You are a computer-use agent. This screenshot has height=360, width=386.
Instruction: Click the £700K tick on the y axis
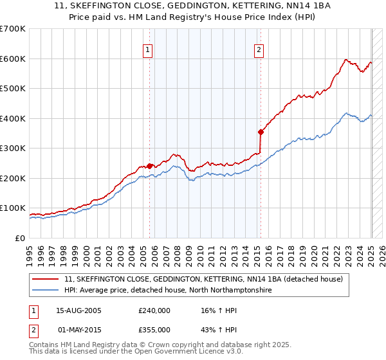click(x=13, y=29)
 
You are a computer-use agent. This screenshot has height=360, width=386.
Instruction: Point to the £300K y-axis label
click(x=13, y=148)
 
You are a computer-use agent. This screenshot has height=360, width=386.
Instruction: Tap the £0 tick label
click(x=20, y=238)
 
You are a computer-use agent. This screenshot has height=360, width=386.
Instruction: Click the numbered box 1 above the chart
click(x=148, y=50)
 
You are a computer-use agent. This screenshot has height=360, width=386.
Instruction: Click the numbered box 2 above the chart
click(x=259, y=50)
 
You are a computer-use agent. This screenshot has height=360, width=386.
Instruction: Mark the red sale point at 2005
click(x=150, y=166)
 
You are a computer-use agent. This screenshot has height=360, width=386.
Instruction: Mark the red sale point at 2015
click(x=261, y=132)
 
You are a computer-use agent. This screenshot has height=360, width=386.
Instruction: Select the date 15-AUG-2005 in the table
click(x=80, y=310)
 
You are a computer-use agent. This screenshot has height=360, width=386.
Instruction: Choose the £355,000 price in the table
click(x=154, y=329)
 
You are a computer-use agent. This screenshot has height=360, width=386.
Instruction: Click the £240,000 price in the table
click(x=154, y=310)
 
